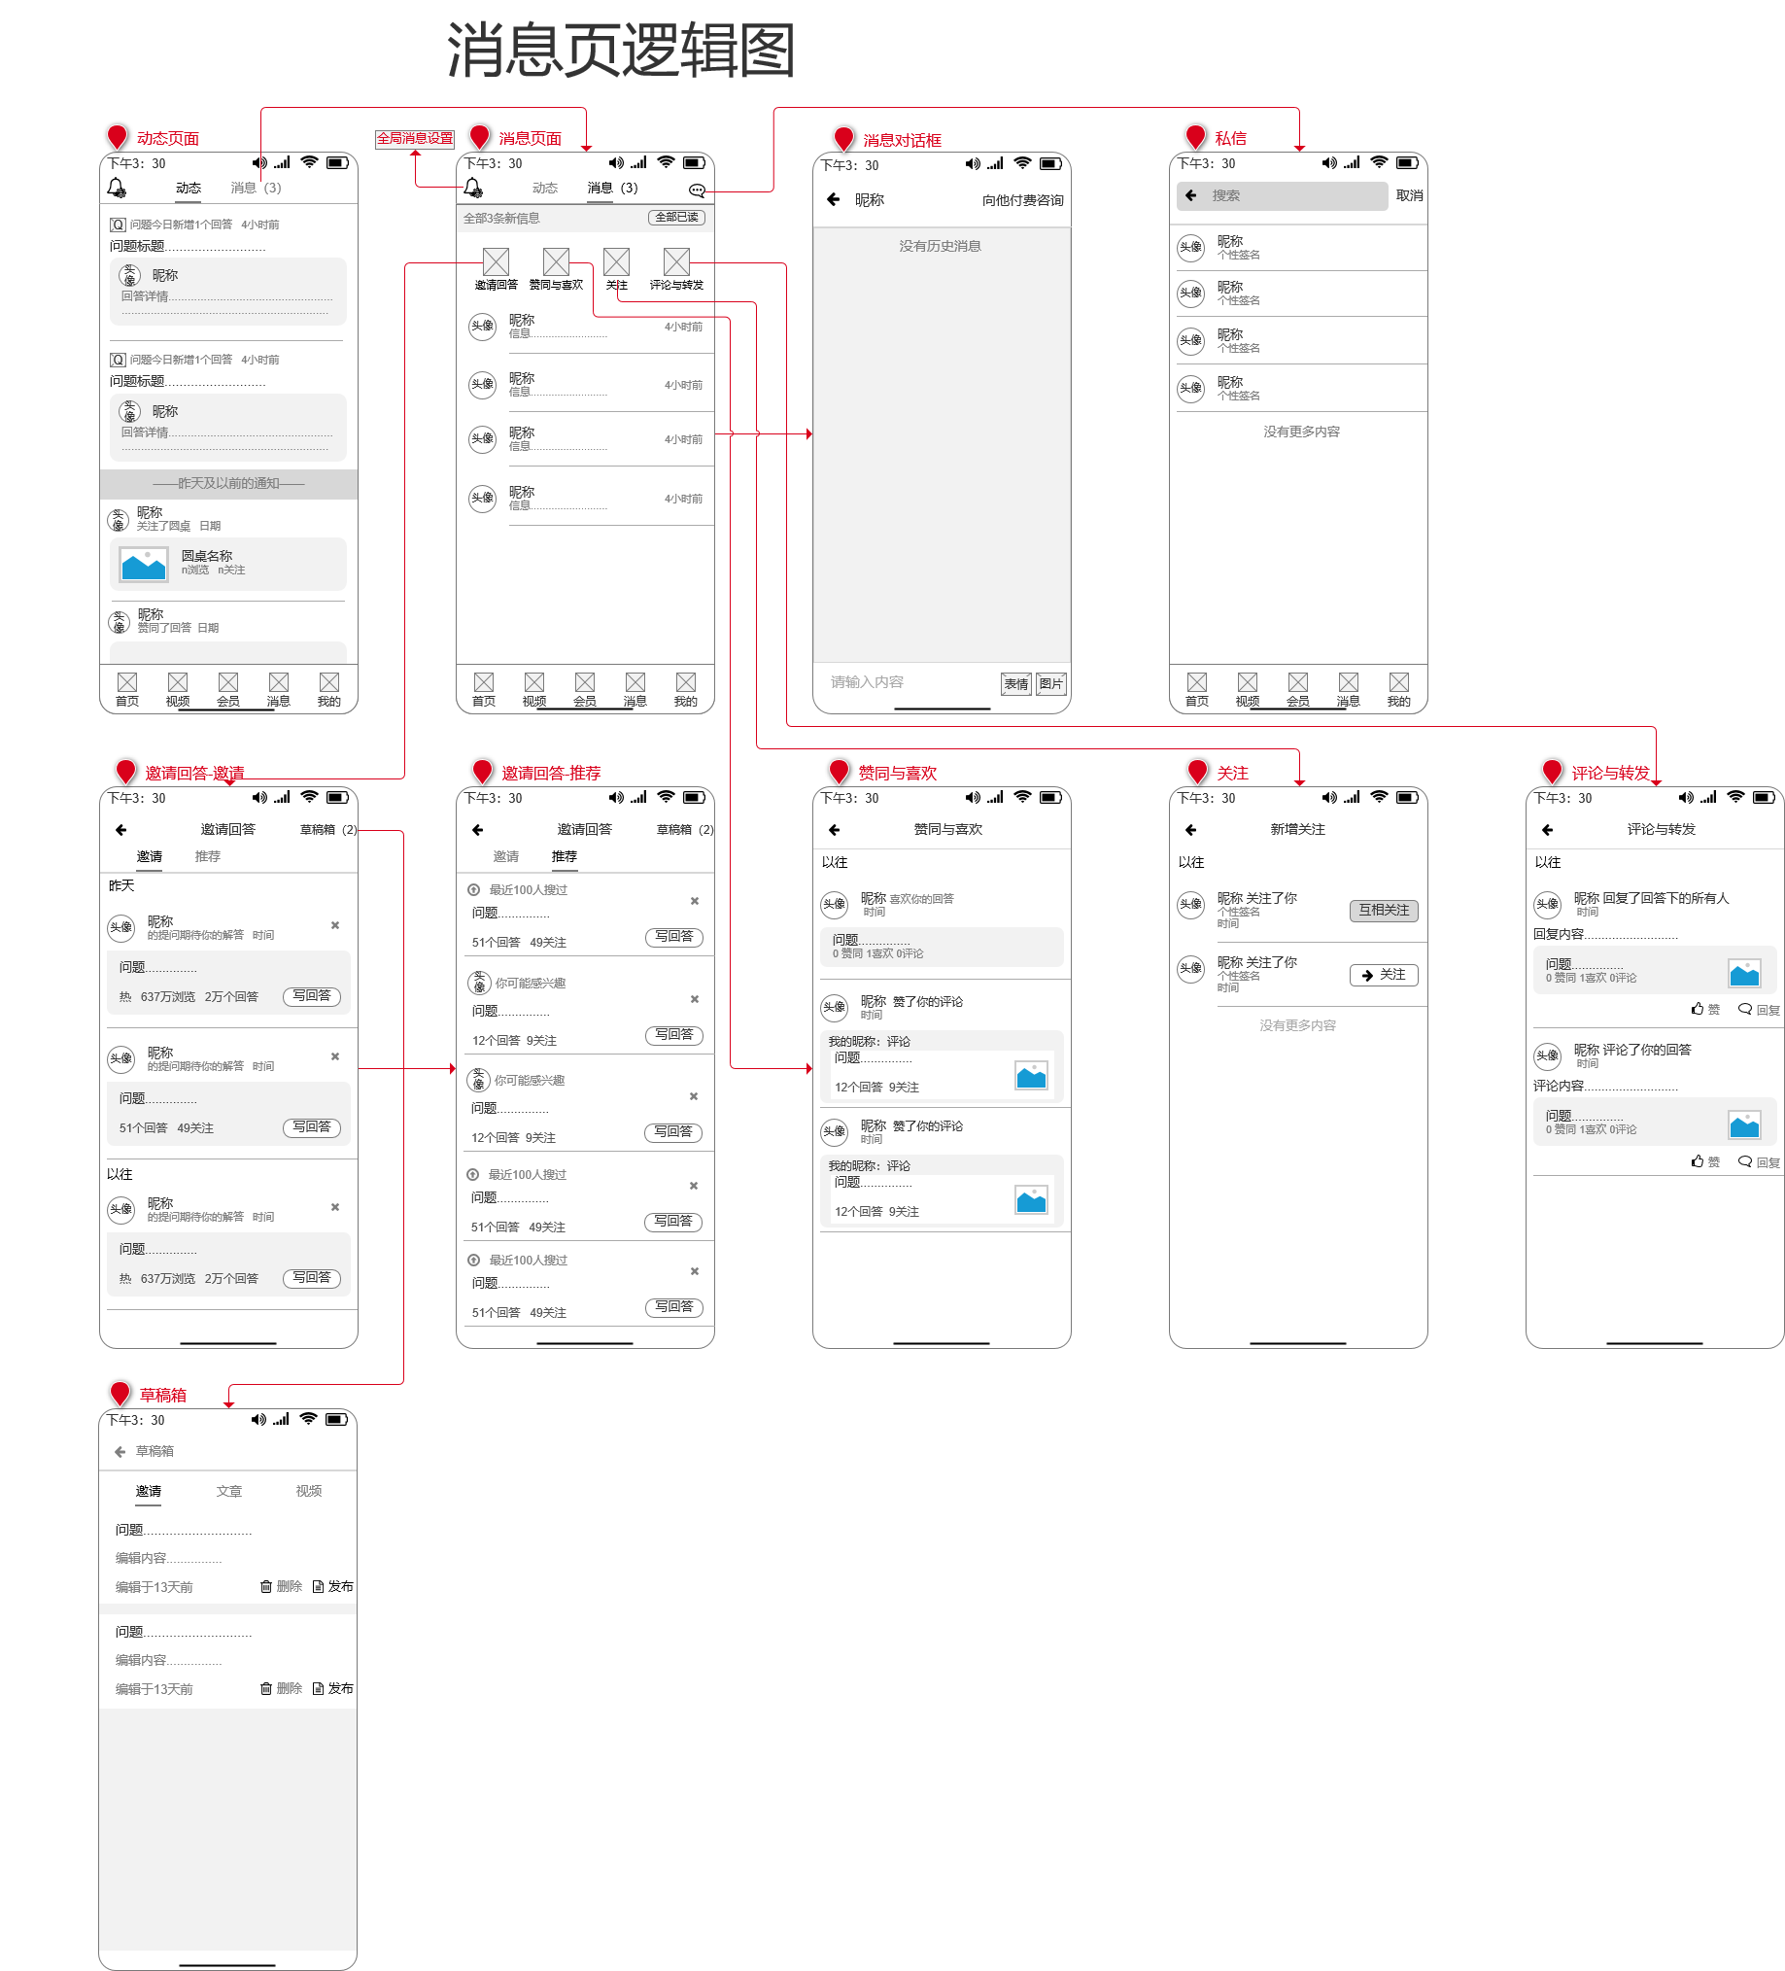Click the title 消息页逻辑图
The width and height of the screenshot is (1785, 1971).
click(x=621, y=51)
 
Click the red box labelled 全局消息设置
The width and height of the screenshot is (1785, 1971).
click(x=415, y=139)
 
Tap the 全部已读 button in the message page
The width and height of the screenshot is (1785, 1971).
click(x=676, y=217)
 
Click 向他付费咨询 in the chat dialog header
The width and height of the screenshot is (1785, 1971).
click(x=1022, y=200)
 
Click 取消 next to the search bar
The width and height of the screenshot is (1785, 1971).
click(x=1409, y=195)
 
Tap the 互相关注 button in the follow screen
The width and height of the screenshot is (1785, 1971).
click(x=1384, y=911)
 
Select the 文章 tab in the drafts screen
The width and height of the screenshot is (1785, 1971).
click(x=228, y=1491)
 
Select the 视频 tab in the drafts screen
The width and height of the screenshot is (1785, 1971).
click(x=309, y=1491)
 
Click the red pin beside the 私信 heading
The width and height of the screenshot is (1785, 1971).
click(x=1194, y=136)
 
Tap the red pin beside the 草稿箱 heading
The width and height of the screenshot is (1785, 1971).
click(x=120, y=1392)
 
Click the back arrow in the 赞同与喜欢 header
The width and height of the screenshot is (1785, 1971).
click(x=834, y=830)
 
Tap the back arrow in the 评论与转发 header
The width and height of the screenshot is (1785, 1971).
click(x=1547, y=830)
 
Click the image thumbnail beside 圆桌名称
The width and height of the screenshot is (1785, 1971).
click(x=144, y=564)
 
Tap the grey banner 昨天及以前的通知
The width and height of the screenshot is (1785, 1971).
click(x=228, y=483)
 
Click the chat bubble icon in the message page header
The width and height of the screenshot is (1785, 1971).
click(x=696, y=190)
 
